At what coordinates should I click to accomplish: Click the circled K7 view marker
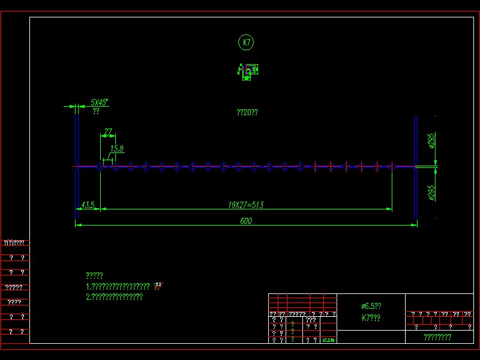[246, 43]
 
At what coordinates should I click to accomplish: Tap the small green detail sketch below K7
[247, 72]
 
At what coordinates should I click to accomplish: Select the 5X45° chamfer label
[99, 102]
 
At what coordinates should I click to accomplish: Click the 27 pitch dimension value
[108, 131]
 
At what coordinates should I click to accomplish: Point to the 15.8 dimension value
[116, 149]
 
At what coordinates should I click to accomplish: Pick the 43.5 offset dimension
[88, 205]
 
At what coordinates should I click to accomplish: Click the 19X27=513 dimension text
[246, 205]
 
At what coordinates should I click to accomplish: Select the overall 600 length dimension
[246, 221]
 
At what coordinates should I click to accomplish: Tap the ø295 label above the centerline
[431, 143]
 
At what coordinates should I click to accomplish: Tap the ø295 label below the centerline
[431, 192]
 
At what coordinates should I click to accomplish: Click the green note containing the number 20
[247, 112]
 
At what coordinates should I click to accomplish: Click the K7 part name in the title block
[371, 318]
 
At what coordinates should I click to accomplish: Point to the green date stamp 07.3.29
[328, 340]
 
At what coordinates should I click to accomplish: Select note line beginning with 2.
[114, 296]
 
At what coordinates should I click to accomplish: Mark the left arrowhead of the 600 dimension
[76, 225]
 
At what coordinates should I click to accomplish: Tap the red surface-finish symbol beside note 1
[158, 286]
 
